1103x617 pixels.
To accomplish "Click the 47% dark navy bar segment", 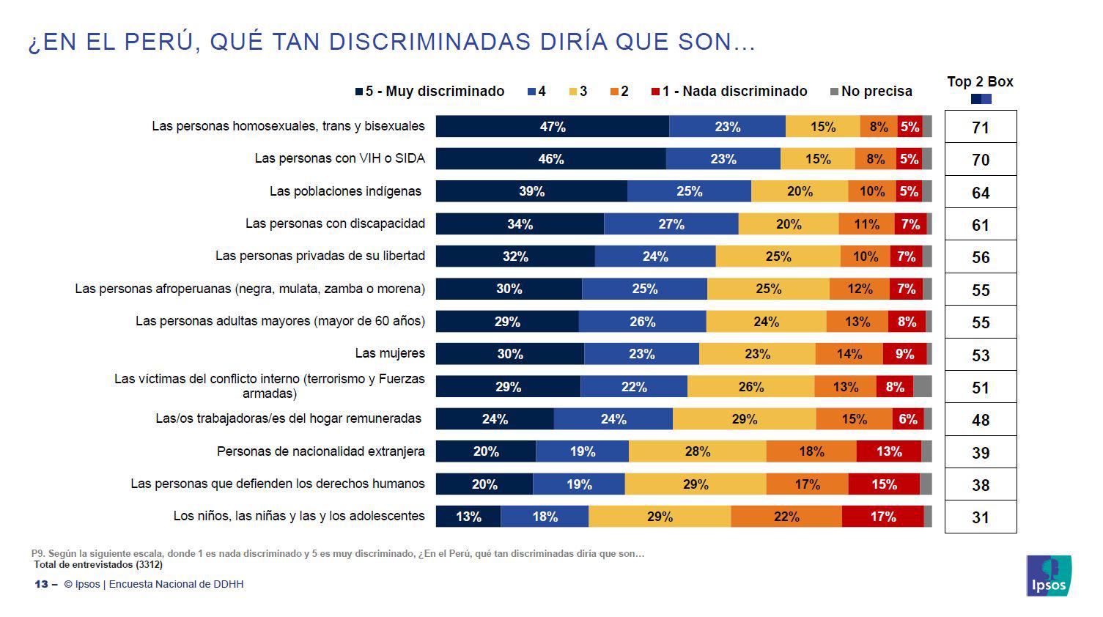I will coord(552,127).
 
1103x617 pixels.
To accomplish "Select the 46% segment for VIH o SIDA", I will coord(550,159).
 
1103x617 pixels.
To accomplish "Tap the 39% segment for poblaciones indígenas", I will coord(531,191).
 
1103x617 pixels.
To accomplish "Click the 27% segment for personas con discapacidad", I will coord(671,224).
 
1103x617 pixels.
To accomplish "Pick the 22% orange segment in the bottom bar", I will coord(786,517).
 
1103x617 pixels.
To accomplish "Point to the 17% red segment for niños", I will coord(882,517).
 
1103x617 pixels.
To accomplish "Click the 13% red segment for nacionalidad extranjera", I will coord(888,451).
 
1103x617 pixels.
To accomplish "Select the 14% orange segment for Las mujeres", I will coord(849,354).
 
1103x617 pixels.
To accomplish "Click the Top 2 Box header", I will coord(980,82).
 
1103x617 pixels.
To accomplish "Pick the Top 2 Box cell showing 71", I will coord(980,128).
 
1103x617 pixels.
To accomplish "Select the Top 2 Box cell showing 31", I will coord(980,517).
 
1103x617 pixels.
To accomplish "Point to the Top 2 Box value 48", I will coord(980,420).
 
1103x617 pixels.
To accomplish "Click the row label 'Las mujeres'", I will coord(389,353).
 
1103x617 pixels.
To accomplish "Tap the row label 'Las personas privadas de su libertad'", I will coord(320,256).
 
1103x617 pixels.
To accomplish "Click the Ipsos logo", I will coord(1049,575).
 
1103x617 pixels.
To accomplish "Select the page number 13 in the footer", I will coord(41,584).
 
